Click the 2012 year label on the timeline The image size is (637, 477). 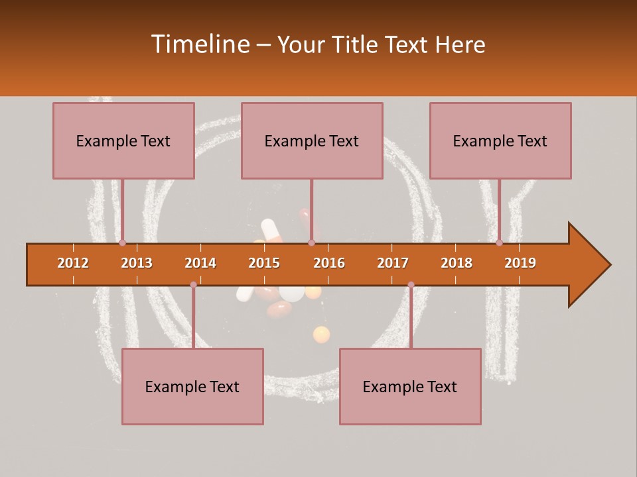(73, 263)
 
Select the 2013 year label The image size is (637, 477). (137, 263)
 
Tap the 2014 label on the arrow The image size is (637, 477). (200, 263)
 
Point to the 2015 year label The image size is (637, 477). (264, 263)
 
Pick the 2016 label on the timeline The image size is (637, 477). (329, 263)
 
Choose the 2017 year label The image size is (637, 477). (393, 263)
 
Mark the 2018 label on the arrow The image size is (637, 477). (457, 263)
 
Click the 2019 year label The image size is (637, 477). (520, 263)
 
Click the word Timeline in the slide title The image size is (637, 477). (198, 44)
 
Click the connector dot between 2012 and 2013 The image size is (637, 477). (122, 243)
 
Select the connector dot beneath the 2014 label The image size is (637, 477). (193, 284)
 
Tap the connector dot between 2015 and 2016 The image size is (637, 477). (311, 243)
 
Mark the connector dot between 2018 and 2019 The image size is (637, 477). (499, 243)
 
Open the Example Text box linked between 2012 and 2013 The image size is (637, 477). (123, 140)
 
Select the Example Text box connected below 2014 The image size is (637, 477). (192, 386)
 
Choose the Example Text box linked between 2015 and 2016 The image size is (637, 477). (312, 140)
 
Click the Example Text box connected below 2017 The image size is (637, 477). (410, 386)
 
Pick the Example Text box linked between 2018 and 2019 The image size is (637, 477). (500, 140)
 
